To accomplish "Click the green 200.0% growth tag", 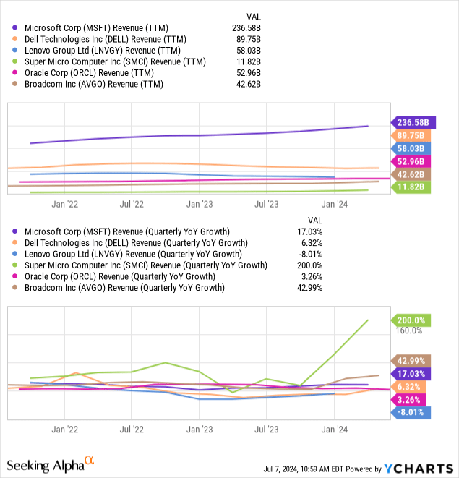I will [411, 320].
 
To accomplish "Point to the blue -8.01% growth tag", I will [411, 412].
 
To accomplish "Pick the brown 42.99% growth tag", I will [411, 361].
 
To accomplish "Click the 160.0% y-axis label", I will [408, 331].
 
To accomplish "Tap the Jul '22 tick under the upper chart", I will [131, 204].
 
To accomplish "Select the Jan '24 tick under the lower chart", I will [334, 428].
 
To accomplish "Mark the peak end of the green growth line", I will [369, 320].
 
